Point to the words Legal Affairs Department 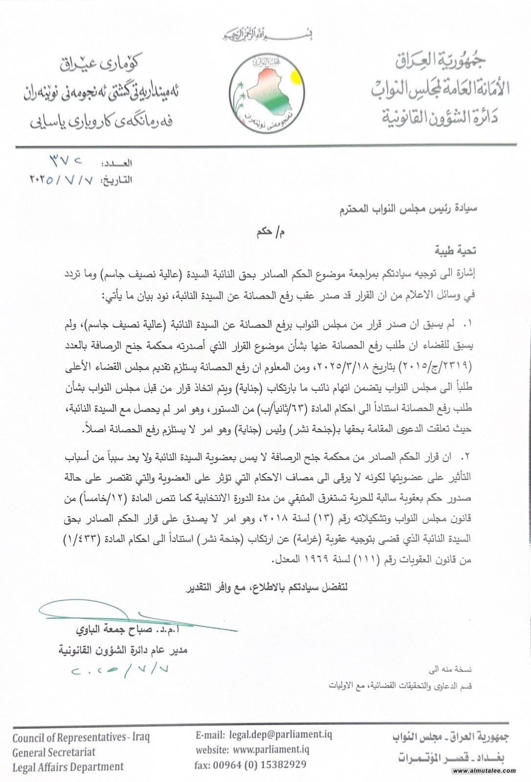[x=68, y=766]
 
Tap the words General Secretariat [x=54, y=752]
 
